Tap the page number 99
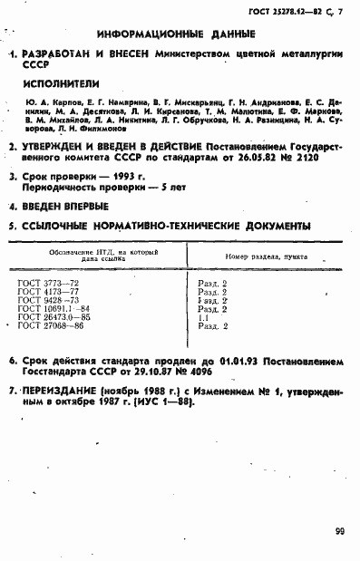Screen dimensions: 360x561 [337, 530]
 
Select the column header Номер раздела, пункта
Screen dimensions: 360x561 [262, 256]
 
